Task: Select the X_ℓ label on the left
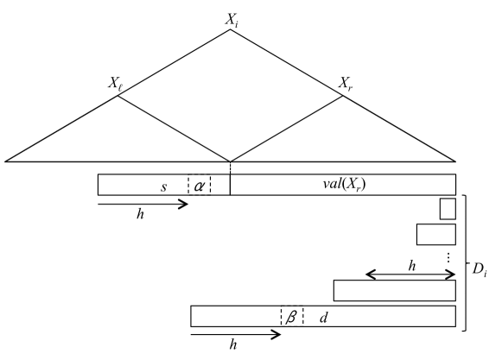pyautogui.click(x=116, y=84)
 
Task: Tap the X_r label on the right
pyautogui.click(x=345, y=84)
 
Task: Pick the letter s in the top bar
pyautogui.click(x=163, y=186)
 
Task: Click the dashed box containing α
pyautogui.click(x=199, y=185)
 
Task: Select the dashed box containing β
pyautogui.click(x=291, y=317)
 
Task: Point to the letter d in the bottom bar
pyautogui.click(x=323, y=317)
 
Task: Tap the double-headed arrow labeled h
pyautogui.click(x=410, y=275)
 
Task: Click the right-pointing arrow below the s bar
pyautogui.click(x=143, y=205)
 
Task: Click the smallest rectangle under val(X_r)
pyautogui.click(x=447, y=208)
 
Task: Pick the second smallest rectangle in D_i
pyautogui.click(x=435, y=234)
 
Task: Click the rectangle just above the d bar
pyautogui.click(x=394, y=290)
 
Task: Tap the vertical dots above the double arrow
pyautogui.click(x=448, y=256)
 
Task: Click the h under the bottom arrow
pyautogui.click(x=232, y=344)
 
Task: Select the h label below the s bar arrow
pyautogui.click(x=140, y=215)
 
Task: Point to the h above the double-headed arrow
pyautogui.click(x=412, y=266)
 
